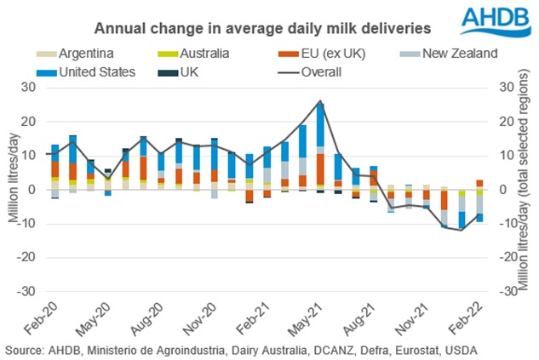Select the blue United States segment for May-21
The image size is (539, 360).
[320, 129]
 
